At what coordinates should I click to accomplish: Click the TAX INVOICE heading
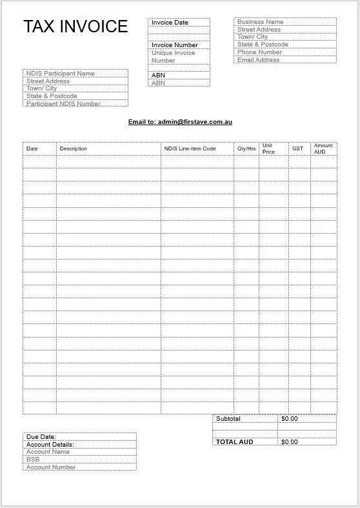(x=75, y=26)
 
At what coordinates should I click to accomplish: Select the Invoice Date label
(x=170, y=23)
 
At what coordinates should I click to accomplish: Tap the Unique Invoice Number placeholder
(x=173, y=57)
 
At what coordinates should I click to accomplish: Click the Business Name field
(x=260, y=22)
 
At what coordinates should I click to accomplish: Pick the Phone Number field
(x=259, y=52)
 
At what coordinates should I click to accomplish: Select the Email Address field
(x=258, y=60)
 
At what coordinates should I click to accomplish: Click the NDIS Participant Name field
(x=60, y=74)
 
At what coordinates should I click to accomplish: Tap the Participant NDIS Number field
(x=63, y=103)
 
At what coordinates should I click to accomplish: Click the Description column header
(x=73, y=148)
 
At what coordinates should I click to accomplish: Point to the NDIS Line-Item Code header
(x=190, y=148)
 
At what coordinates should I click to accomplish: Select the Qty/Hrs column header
(x=246, y=148)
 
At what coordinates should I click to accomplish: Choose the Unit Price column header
(x=268, y=148)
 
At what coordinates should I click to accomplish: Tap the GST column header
(x=297, y=148)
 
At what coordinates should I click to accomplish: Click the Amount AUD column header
(x=323, y=148)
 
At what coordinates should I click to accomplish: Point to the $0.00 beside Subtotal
(x=290, y=419)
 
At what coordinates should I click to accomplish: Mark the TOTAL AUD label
(x=235, y=442)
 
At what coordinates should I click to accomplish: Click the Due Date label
(x=41, y=437)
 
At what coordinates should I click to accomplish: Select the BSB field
(x=33, y=460)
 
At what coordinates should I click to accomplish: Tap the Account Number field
(x=51, y=467)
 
